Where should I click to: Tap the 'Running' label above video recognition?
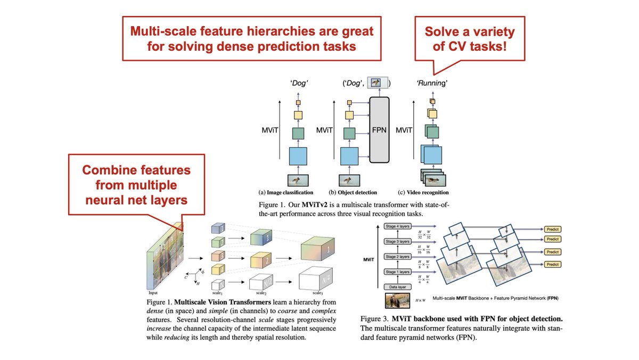431,83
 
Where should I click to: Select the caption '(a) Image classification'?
285,192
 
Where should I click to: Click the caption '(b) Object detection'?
353,192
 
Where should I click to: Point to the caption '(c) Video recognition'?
424,192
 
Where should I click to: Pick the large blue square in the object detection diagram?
350,157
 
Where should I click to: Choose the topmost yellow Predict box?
552,230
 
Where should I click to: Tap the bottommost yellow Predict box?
552,264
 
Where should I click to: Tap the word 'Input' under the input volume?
153,292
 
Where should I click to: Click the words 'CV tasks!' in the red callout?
469,47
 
